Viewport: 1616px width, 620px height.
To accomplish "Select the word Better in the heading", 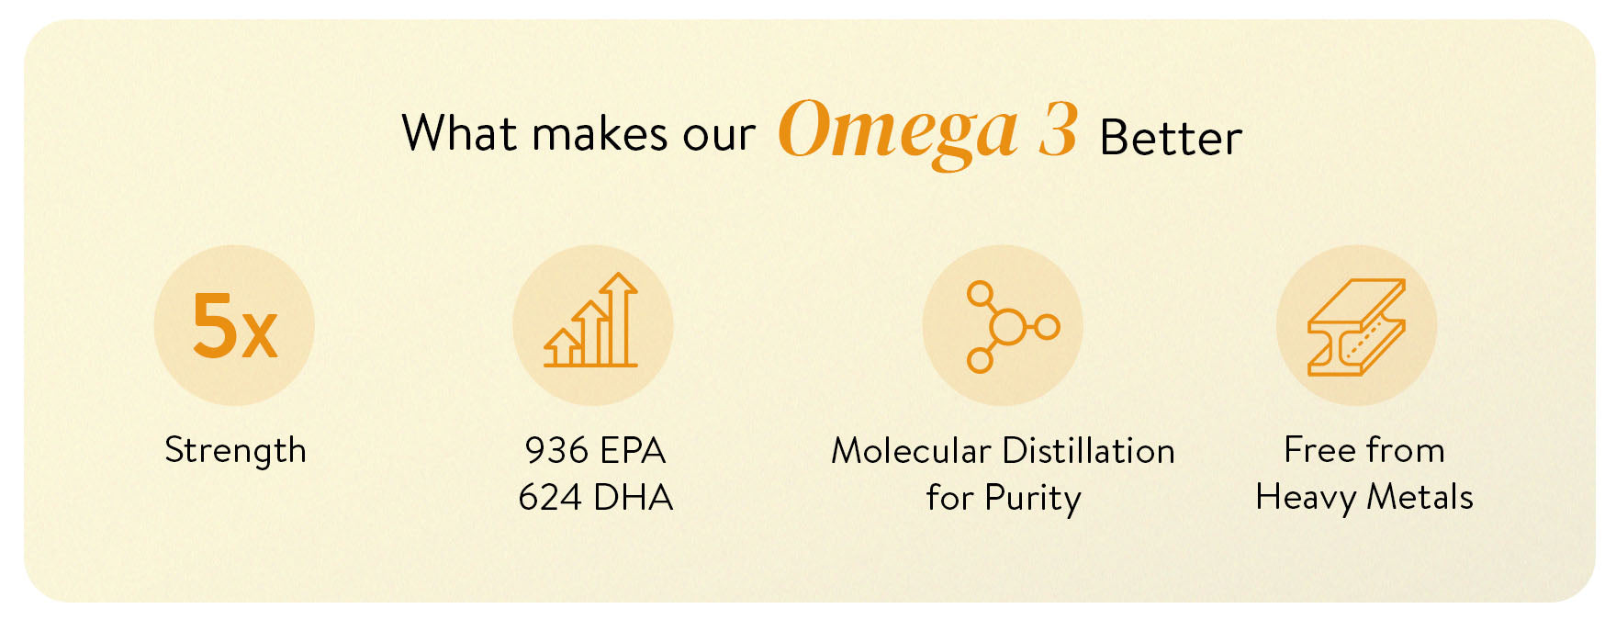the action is click(x=1171, y=138).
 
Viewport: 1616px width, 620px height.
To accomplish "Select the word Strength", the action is click(x=235, y=450).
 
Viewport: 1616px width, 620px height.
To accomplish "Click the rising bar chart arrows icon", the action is click(x=590, y=321).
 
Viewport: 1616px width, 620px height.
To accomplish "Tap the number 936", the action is click(x=556, y=450).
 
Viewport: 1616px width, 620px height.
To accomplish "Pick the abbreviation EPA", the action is click(x=632, y=450).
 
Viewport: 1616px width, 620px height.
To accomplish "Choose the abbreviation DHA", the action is click(x=634, y=497).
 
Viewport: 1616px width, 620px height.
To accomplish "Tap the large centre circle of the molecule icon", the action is click(x=1007, y=326).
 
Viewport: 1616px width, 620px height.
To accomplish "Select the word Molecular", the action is click(x=911, y=450).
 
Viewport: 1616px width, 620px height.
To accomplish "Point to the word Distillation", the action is click(x=1089, y=450).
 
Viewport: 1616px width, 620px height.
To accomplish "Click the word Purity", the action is click(x=1033, y=499).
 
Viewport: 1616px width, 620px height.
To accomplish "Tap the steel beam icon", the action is click(x=1356, y=327).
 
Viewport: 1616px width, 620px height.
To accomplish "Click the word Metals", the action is click(x=1420, y=497).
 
